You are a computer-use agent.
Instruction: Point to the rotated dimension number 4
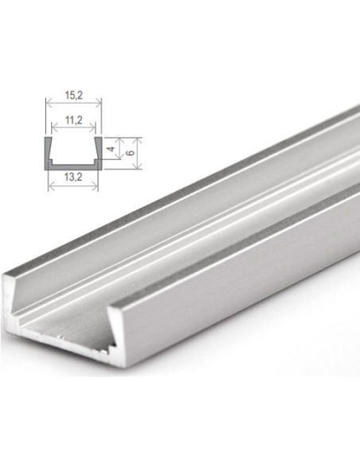click(x=112, y=149)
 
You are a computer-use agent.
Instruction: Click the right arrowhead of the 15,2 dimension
click(x=100, y=102)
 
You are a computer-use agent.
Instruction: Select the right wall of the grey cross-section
click(x=98, y=151)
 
